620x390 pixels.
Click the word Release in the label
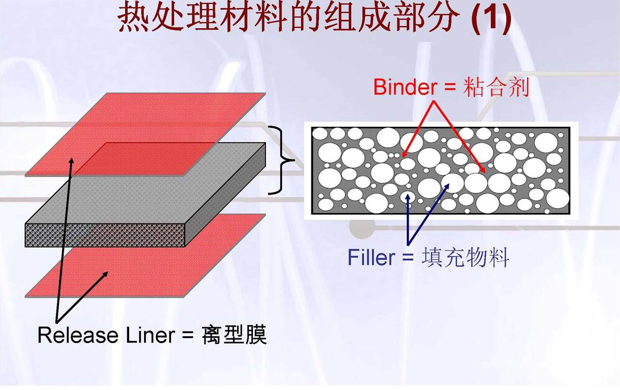77,335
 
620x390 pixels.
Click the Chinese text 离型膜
234,335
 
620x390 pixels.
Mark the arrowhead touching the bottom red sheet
105,275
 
